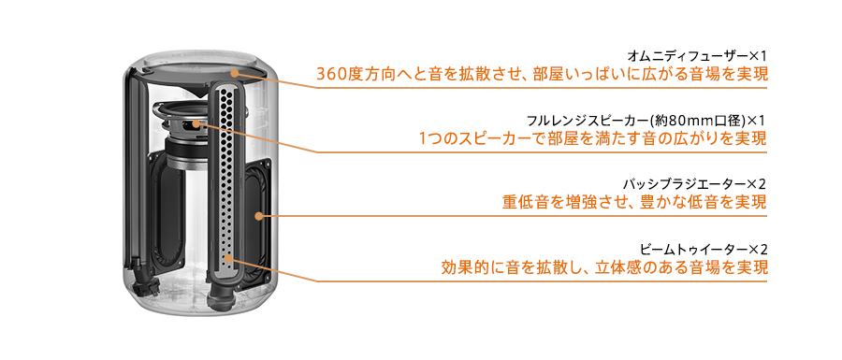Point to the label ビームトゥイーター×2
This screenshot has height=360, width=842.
click(704, 249)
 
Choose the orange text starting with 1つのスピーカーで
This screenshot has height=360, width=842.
click(593, 139)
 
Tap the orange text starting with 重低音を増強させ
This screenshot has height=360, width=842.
click(634, 202)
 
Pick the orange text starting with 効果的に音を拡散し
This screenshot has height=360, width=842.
click(604, 268)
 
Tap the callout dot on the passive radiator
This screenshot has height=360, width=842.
click(259, 215)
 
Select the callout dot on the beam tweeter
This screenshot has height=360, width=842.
click(227, 254)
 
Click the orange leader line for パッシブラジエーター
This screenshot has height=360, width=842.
click(515, 216)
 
